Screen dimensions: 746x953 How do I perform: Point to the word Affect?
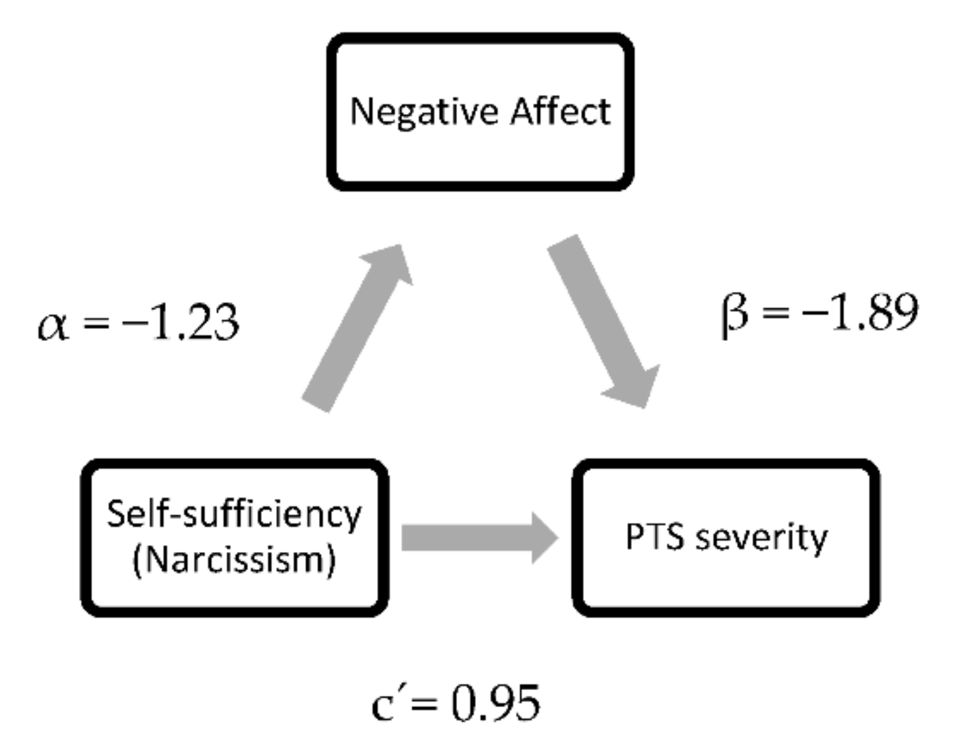coord(560,112)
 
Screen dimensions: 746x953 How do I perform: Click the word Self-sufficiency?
coord(234,515)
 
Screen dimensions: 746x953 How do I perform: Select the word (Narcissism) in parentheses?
coord(234,559)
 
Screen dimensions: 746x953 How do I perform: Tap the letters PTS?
coord(654,538)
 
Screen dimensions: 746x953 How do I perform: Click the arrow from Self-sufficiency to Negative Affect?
coord(355,330)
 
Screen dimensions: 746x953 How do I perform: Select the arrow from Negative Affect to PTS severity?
coord(603,320)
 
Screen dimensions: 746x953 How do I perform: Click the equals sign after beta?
coord(774,313)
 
